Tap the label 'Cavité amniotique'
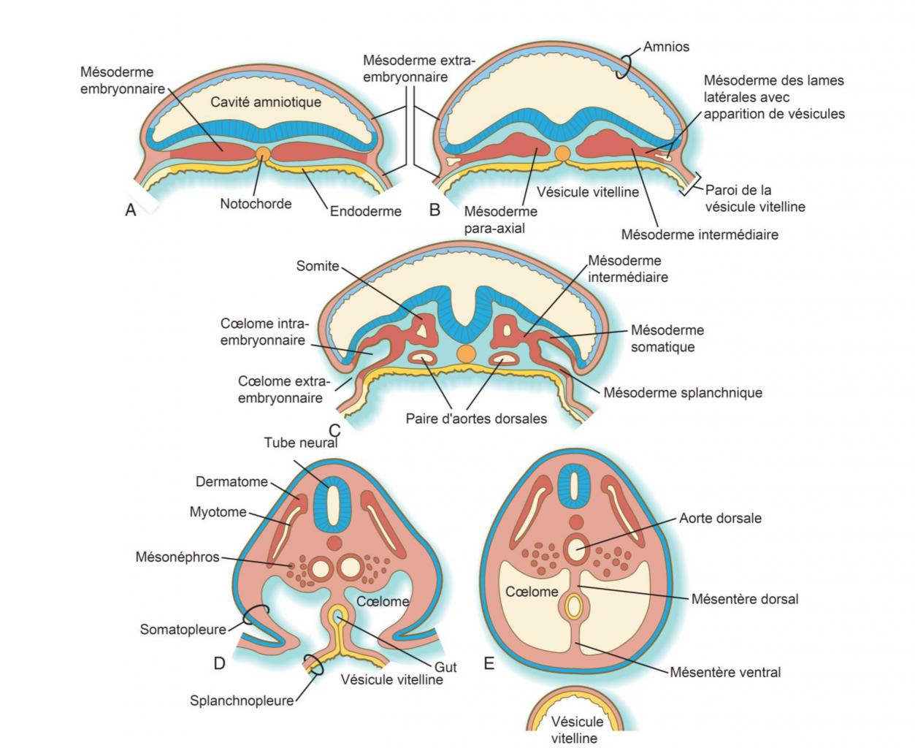pos(266,102)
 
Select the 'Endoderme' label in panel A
pos(365,211)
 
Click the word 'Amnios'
pos(666,47)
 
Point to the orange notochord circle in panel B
pos(562,153)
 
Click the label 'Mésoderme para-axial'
pos(500,219)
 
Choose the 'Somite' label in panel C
pos(318,266)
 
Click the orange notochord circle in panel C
pos(464,354)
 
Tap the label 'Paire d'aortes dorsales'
pos(476,419)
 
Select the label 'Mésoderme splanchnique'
pos(682,392)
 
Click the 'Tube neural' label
pos(300,443)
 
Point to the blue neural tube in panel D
pos(333,503)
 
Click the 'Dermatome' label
pos(231,482)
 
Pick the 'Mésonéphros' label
pos(177,557)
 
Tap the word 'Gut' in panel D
pos(445,666)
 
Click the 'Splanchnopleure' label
pos(242,701)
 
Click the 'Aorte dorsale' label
pos(720,518)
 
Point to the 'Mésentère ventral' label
pos(725,672)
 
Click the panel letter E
pos(489,663)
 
